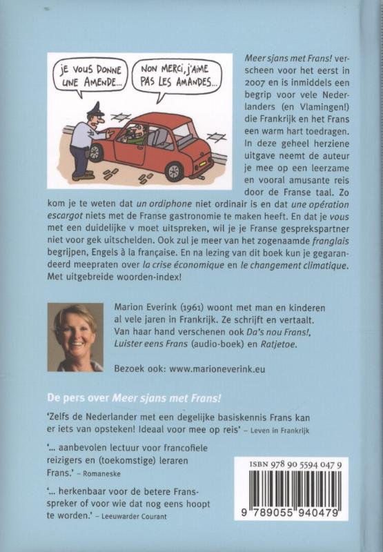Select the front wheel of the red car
97,153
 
